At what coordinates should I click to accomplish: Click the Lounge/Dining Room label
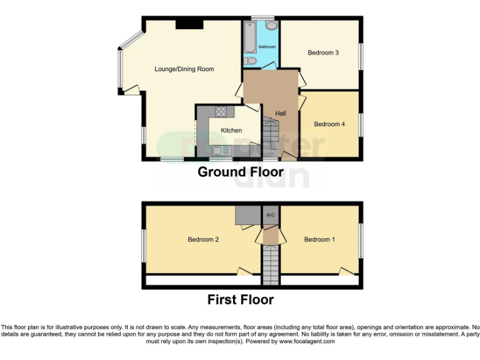tap(184, 69)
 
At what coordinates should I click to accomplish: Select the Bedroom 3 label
tap(323, 53)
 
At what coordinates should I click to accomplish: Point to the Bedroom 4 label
tap(329, 124)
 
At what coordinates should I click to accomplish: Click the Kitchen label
tap(231, 131)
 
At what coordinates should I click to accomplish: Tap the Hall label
tap(281, 113)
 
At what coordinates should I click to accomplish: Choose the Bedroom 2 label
tap(203, 239)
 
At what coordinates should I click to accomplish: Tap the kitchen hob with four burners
tap(221, 112)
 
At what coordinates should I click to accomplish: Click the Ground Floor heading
tap(241, 172)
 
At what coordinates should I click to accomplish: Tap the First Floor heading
tap(241, 300)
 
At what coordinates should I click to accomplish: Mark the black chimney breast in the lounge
tap(189, 24)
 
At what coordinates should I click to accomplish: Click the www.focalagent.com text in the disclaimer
tap(307, 341)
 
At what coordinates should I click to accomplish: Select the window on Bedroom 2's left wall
tap(143, 245)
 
